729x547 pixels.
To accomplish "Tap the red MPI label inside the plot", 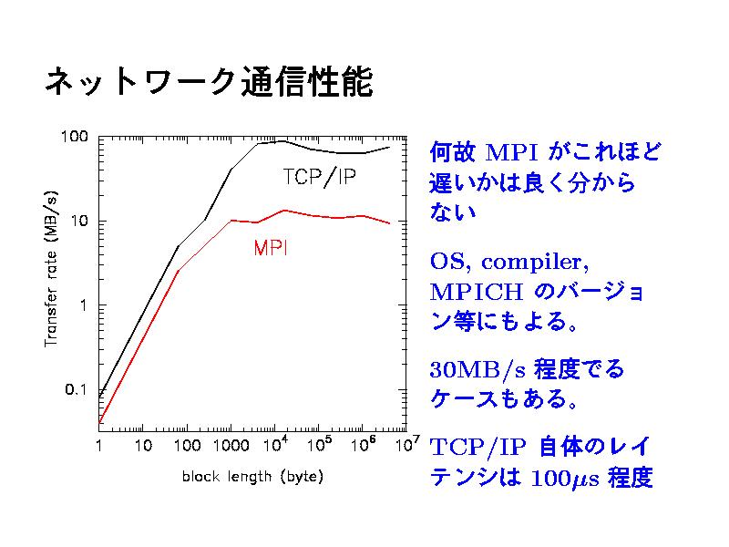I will (271, 248).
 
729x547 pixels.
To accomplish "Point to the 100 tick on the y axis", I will (74, 137).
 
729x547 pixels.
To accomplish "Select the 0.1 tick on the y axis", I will (76, 390).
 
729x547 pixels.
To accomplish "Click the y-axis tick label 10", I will (79, 222).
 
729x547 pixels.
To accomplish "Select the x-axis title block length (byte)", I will (252, 476).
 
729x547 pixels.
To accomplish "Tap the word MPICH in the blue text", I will (476, 294).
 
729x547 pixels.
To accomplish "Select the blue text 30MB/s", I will (477, 370).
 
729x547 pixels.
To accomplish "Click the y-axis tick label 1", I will (82, 305).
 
